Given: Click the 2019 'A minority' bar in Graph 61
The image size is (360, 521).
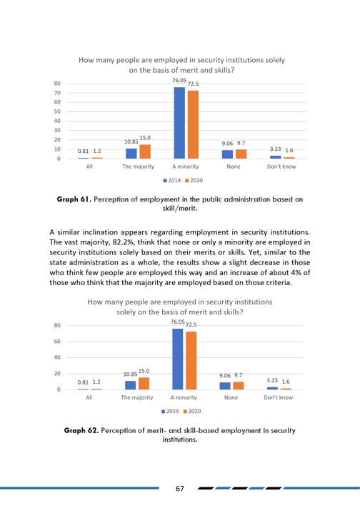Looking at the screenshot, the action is pyautogui.click(x=179, y=123).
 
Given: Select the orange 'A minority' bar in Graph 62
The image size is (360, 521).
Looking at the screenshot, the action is pyautogui.click(x=191, y=360).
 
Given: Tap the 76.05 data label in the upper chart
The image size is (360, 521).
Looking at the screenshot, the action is pyautogui.click(x=179, y=81).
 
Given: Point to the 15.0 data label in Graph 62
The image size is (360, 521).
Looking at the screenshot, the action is pyautogui.click(x=144, y=371).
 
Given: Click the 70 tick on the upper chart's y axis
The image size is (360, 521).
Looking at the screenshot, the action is pyautogui.click(x=57, y=93).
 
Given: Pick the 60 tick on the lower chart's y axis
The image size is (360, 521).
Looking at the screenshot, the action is pyautogui.click(x=57, y=342).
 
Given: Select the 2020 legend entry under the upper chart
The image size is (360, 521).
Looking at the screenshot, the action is pyautogui.click(x=194, y=180).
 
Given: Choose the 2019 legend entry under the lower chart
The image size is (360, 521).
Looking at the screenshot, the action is pyautogui.click(x=170, y=412).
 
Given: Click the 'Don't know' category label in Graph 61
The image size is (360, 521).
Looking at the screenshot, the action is pyautogui.click(x=281, y=167).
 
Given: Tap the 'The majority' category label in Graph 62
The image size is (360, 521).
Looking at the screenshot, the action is pyautogui.click(x=137, y=397).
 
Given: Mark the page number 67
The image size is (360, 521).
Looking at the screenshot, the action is pyautogui.click(x=180, y=488).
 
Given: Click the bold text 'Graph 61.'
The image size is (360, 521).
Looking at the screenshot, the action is pyautogui.click(x=74, y=199).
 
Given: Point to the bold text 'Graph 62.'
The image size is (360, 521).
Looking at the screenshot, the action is pyautogui.click(x=81, y=431).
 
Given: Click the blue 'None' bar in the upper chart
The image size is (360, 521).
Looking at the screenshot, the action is pyautogui.click(x=227, y=154).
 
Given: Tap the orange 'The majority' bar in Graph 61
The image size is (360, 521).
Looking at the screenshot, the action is pyautogui.click(x=145, y=152).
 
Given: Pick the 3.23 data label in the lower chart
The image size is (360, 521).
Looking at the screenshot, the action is pyautogui.click(x=272, y=380).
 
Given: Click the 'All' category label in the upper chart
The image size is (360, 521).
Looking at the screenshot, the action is pyautogui.click(x=89, y=167).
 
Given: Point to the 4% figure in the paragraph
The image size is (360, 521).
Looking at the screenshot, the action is pyautogui.click(x=298, y=273).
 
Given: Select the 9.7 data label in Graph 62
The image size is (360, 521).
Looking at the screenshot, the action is pyautogui.click(x=239, y=375).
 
